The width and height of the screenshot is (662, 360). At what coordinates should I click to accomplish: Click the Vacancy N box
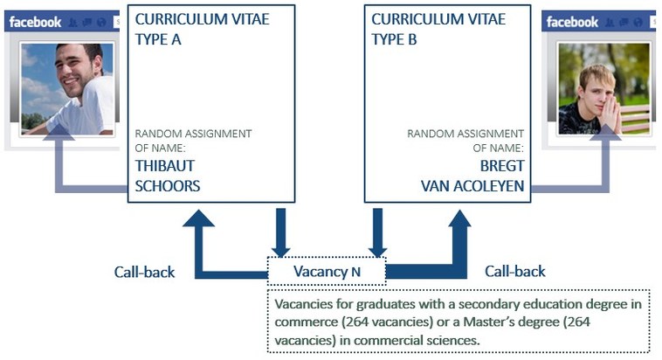(x=327, y=271)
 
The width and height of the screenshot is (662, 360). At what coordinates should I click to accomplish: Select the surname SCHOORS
(x=168, y=185)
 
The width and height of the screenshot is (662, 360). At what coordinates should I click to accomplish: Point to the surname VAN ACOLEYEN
(x=472, y=185)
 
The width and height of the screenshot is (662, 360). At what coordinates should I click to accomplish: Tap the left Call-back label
(x=144, y=272)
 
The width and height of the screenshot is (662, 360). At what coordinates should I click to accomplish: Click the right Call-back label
(x=515, y=272)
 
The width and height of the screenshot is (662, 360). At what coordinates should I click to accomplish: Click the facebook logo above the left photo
(x=36, y=22)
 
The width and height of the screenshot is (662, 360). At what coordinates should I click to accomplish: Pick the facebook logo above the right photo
(x=573, y=22)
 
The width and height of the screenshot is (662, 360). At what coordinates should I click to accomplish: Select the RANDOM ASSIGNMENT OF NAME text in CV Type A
(x=193, y=141)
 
